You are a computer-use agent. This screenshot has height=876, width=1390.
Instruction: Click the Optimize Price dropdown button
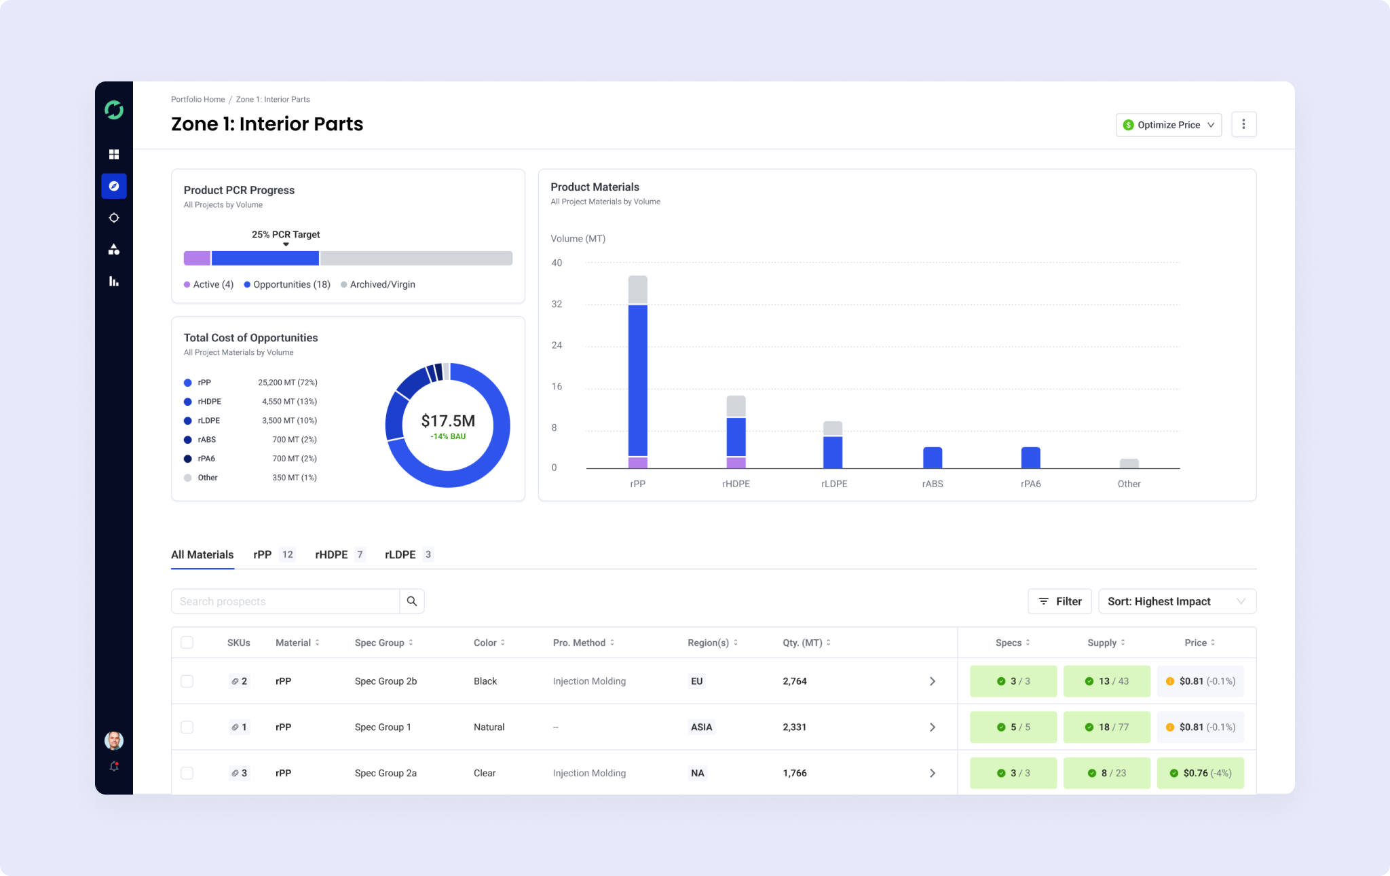point(1168,125)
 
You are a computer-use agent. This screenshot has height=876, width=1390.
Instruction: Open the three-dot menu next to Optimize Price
point(1243,124)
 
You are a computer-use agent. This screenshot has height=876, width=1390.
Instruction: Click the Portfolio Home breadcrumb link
point(198,99)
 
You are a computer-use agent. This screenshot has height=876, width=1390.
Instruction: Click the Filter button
point(1059,601)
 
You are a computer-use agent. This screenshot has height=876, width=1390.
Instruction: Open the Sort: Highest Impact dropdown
point(1177,601)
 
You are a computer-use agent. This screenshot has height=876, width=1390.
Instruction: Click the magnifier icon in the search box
point(412,601)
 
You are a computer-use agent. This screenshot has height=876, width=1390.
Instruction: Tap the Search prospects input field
point(286,601)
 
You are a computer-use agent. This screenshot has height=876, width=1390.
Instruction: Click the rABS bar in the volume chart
point(933,457)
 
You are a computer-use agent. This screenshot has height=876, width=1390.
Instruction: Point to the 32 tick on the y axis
point(557,304)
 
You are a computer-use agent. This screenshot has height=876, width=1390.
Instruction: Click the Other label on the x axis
point(1129,484)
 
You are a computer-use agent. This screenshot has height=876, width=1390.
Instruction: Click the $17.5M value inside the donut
point(448,421)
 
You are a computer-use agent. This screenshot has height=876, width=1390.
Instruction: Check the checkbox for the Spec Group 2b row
point(187,681)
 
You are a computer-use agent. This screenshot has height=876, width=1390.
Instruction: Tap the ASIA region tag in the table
point(702,727)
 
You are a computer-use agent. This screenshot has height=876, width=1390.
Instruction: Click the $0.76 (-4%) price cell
point(1201,773)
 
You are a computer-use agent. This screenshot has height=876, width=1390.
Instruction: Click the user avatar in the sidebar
point(114,740)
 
